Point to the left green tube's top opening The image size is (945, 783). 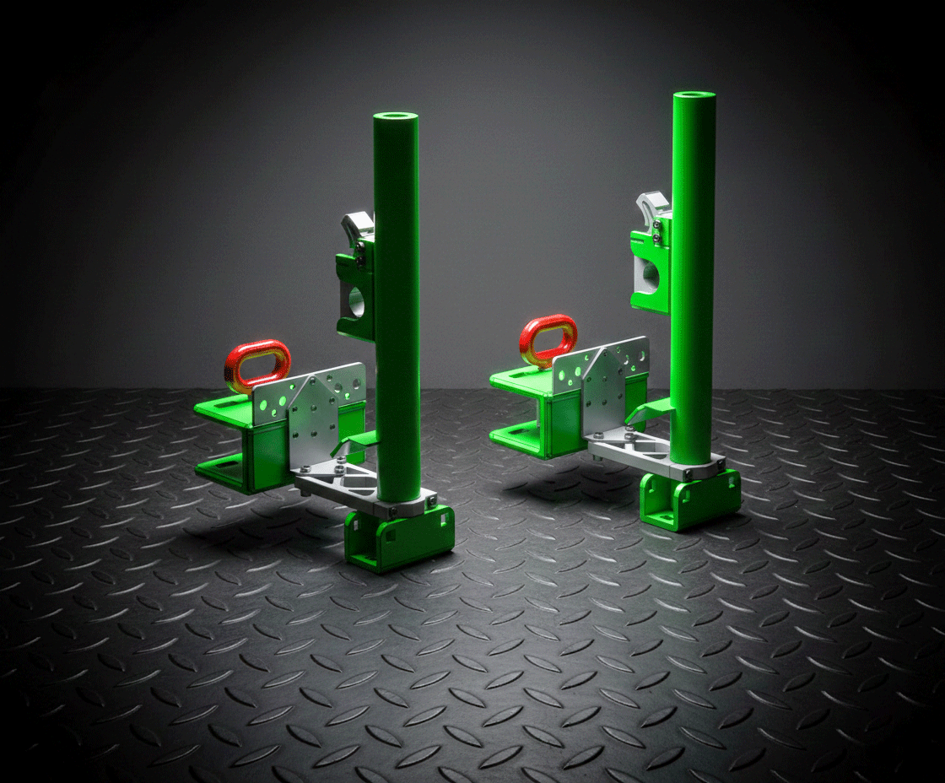(396, 116)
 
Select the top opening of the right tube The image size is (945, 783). (694, 95)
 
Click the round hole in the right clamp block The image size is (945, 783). (650, 274)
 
